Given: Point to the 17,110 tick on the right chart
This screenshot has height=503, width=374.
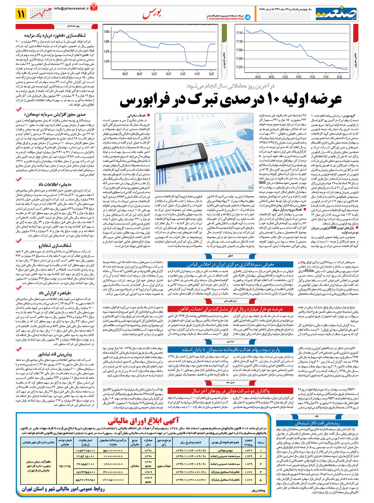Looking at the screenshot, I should click(x=239, y=33).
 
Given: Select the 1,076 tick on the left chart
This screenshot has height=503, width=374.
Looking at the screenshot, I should click(x=106, y=62).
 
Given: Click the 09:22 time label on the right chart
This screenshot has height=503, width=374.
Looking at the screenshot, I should click(x=258, y=77).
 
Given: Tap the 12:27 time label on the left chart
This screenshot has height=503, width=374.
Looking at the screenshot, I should click(x=211, y=74).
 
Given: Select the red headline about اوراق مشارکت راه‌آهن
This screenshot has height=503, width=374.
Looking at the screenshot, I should click(x=230, y=309).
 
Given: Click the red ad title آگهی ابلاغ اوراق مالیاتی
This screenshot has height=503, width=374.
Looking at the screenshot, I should click(x=143, y=421).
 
